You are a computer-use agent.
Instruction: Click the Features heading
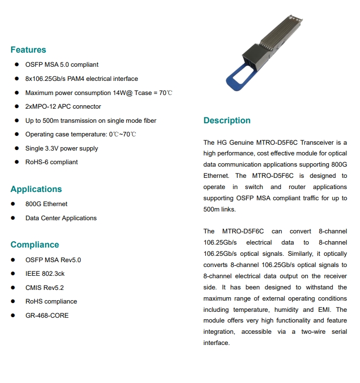[x=28, y=50]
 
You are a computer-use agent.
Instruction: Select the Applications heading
[x=36, y=189]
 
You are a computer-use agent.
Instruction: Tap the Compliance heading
[x=35, y=245]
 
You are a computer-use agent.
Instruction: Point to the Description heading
[x=227, y=120]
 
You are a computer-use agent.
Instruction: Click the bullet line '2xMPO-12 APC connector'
[x=63, y=106]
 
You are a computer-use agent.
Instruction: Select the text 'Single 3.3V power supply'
[x=61, y=148]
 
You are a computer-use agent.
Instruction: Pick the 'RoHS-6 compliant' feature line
[x=51, y=162]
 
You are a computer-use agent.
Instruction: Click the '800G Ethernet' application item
[x=46, y=204]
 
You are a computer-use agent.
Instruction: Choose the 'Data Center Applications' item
[x=61, y=218]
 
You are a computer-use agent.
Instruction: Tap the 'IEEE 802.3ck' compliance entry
[x=45, y=273]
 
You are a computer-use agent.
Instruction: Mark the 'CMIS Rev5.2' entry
[x=44, y=287]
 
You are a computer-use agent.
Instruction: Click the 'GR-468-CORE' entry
[x=47, y=315]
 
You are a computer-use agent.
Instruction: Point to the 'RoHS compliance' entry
[x=51, y=301]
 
